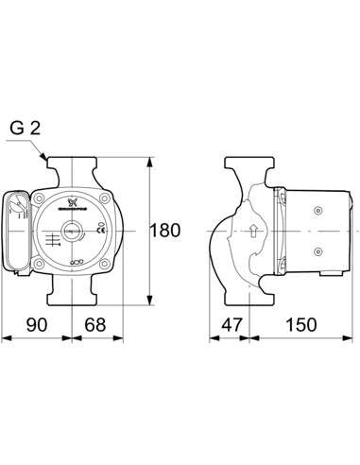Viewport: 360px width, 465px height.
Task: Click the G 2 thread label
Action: pyautogui.click(x=26, y=128)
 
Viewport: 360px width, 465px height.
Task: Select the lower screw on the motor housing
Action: pyautogui.click(x=318, y=250)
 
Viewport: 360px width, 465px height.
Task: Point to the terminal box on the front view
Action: pyautogui.click(x=18, y=231)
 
